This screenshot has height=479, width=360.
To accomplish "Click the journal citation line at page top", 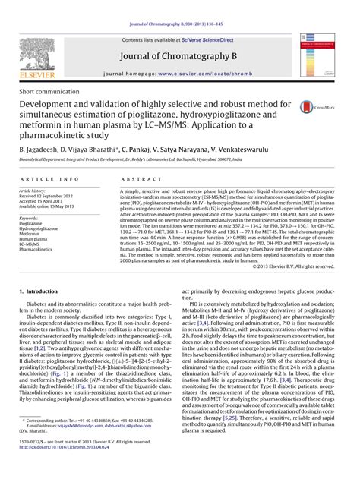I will tap(180, 5).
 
